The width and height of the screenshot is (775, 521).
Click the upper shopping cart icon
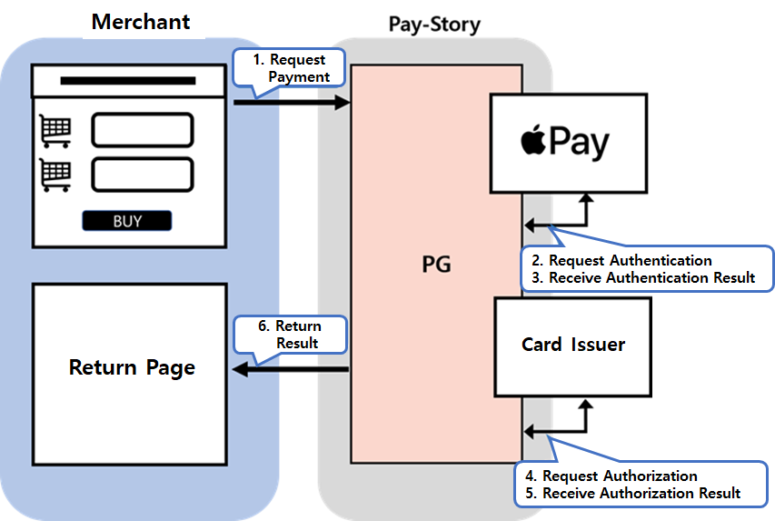(55, 131)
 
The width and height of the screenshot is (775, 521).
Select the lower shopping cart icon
(55, 174)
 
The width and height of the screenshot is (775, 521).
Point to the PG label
(436, 266)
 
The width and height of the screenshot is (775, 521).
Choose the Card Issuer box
(573, 346)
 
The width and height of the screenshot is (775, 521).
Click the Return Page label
(132, 367)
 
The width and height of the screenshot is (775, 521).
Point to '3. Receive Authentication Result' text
(651, 277)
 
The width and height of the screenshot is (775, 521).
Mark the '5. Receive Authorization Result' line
(632, 493)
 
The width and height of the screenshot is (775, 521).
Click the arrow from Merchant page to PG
(291, 104)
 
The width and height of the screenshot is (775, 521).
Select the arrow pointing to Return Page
(291, 369)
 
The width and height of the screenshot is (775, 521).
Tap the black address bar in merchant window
(128, 81)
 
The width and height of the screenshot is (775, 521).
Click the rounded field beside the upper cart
(143, 130)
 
